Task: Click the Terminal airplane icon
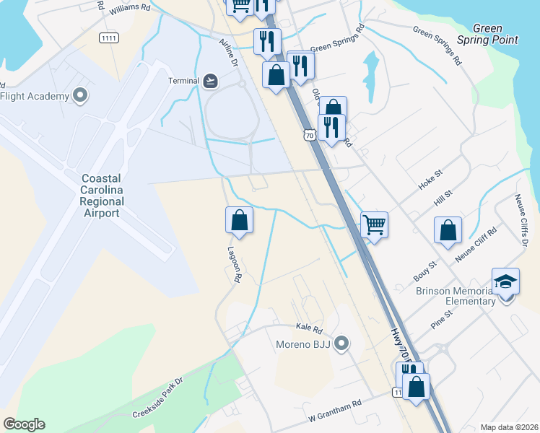[210, 80]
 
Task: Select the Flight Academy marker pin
[80, 96]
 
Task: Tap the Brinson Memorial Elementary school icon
[505, 281]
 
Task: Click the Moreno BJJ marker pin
[342, 344]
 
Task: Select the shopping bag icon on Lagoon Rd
[239, 220]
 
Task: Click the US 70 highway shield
[309, 134]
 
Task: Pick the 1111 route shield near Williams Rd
[109, 38]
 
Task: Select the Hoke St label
[430, 182]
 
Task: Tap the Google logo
[24, 424]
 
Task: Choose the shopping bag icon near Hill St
[448, 229]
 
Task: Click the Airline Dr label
[228, 53]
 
